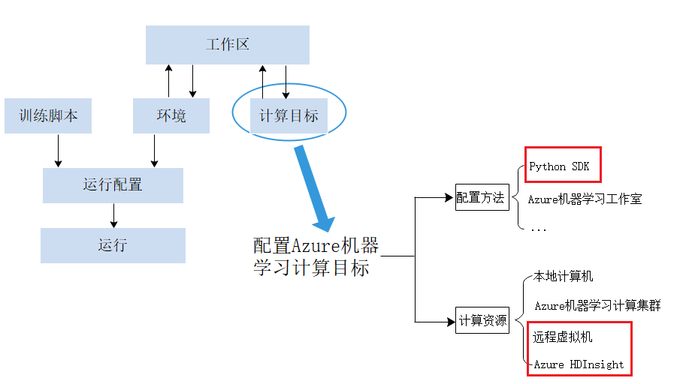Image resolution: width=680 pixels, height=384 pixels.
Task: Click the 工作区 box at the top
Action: tap(227, 44)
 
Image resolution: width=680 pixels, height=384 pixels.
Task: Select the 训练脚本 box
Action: tap(48, 115)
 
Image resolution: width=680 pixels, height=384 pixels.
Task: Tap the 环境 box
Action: tap(171, 115)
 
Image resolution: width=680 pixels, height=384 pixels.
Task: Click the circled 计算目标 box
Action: tap(289, 115)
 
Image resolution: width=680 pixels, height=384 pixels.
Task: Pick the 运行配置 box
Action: tap(113, 184)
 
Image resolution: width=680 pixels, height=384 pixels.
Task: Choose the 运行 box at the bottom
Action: tap(113, 245)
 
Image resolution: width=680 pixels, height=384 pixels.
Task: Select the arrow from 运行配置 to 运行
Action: tap(114, 215)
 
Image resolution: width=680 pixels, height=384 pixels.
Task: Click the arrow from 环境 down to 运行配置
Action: tap(155, 151)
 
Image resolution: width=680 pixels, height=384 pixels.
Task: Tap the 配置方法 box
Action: tap(482, 198)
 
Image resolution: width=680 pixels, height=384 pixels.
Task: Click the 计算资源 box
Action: tap(482, 321)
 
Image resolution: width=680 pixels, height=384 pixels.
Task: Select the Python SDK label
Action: tap(559, 166)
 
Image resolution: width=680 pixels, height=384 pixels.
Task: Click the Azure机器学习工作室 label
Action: tap(585, 199)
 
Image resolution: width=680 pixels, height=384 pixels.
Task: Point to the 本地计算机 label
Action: tap(563, 277)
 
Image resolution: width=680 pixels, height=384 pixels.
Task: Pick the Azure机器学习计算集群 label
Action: tap(597, 306)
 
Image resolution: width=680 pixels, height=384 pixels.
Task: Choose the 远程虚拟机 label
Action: tap(563, 337)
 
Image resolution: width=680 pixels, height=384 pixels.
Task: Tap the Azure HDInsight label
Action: tap(579, 364)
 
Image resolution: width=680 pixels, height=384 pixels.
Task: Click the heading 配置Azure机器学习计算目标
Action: tap(316, 256)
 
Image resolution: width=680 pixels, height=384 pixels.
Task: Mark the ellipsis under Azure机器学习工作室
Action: tap(539, 229)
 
